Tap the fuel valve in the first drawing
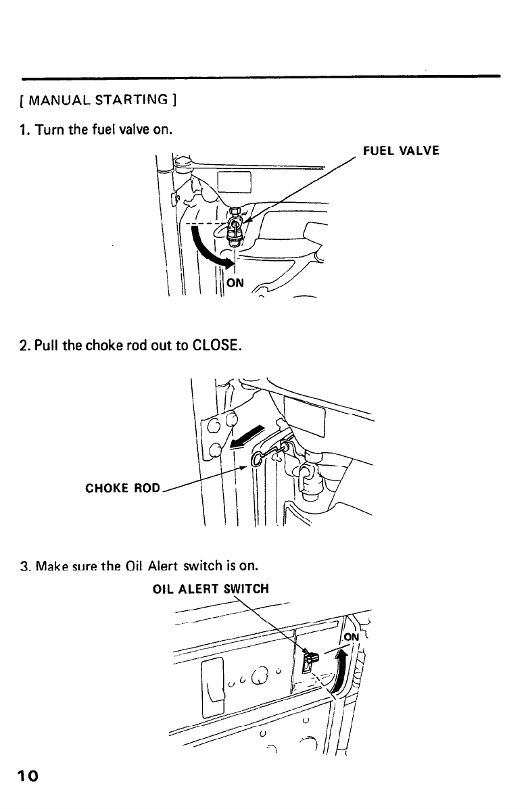235,226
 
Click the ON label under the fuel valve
234,283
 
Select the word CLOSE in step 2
213,347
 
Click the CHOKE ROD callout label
122,487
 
